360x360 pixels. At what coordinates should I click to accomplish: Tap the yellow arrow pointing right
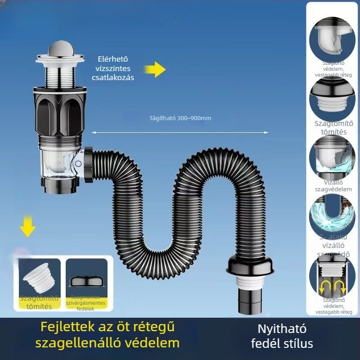155,70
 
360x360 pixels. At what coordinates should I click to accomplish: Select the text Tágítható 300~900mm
180,118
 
